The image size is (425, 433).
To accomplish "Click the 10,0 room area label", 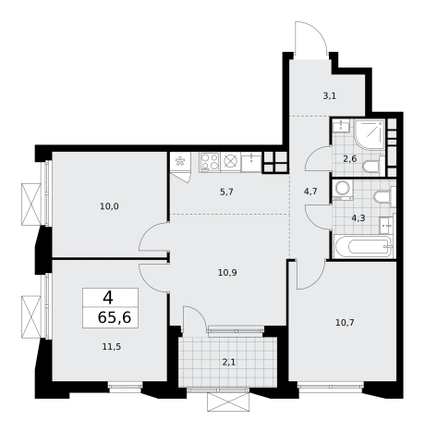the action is [x=109, y=206].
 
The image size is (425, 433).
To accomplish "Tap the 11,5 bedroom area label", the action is [x=112, y=347].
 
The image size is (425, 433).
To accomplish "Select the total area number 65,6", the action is [x=115, y=317].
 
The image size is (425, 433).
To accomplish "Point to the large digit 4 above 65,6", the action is [x=108, y=298].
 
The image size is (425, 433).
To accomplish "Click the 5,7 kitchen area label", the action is [x=226, y=192].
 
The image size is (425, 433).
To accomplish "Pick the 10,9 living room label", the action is [x=227, y=273].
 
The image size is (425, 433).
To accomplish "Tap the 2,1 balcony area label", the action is [x=229, y=362].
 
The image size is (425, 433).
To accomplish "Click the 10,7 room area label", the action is [x=345, y=323].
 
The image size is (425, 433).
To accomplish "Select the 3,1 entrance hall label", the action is [x=329, y=96].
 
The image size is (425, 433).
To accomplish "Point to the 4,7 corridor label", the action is [x=310, y=192].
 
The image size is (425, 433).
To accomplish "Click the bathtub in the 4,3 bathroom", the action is [x=363, y=246].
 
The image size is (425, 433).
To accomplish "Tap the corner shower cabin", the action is [x=370, y=134].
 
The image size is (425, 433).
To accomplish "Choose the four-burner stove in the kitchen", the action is [x=210, y=162].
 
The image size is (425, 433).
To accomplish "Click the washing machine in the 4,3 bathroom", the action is [x=343, y=191].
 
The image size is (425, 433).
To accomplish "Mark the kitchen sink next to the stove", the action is [x=251, y=162].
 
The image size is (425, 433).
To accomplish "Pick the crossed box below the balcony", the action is [x=228, y=402].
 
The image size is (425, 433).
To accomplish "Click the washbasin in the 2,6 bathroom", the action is [x=342, y=126].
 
